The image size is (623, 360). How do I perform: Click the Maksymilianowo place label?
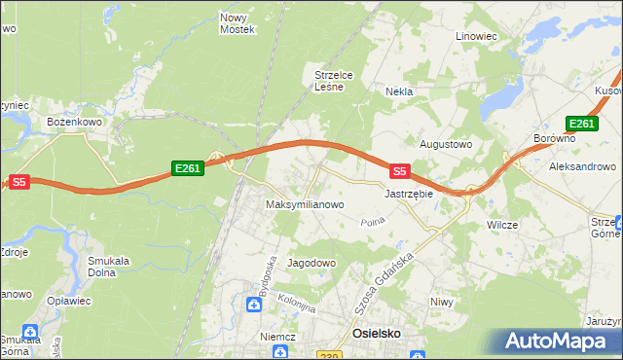306,205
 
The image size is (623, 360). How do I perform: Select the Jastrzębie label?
408,194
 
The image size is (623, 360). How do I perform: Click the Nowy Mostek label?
238,23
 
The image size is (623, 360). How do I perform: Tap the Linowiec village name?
477,36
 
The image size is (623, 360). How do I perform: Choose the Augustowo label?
445,144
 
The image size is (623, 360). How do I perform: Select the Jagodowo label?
311,263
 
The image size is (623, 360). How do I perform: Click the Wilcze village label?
502,225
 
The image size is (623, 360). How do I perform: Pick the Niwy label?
442,302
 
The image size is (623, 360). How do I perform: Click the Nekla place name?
399,91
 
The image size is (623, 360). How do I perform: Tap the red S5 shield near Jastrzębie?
399,171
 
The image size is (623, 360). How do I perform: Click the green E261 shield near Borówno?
580,124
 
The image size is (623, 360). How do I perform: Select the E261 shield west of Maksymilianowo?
187,168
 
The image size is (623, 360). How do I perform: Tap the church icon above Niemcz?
253,306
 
